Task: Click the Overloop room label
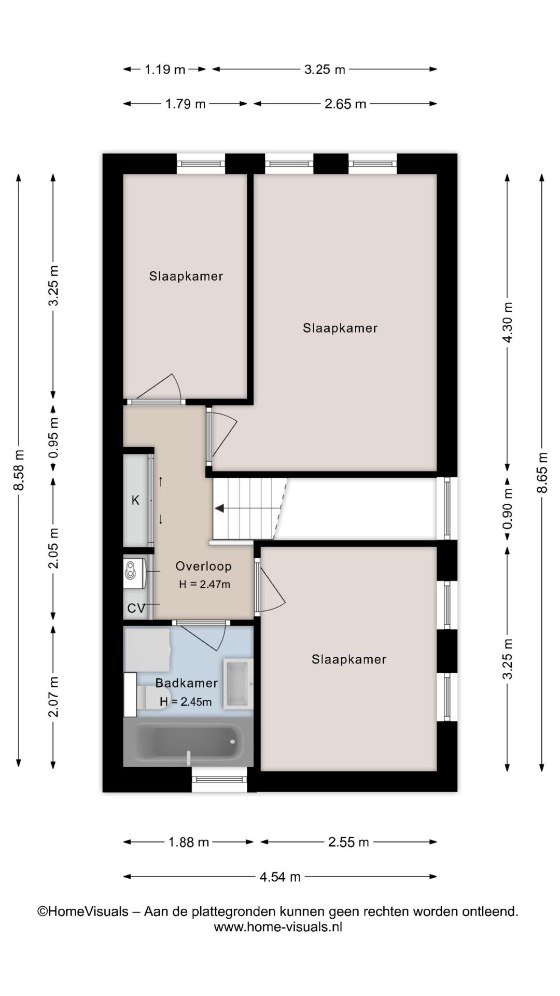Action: point(203,566)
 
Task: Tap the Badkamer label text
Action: point(186,683)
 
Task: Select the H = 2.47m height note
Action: point(204,584)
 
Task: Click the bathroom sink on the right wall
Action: point(238,683)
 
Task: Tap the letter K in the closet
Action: point(135,500)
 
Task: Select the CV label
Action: point(136,608)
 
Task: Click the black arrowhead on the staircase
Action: point(219,508)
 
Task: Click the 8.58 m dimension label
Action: point(19,470)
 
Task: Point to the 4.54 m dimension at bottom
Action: point(280,877)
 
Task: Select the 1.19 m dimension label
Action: point(164,69)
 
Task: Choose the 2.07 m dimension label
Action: point(53,697)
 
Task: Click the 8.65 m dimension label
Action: point(542,473)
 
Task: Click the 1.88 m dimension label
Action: point(189,842)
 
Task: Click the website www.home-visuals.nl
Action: point(278,927)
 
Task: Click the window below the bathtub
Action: point(219,779)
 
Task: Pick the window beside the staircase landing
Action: point(447,508)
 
